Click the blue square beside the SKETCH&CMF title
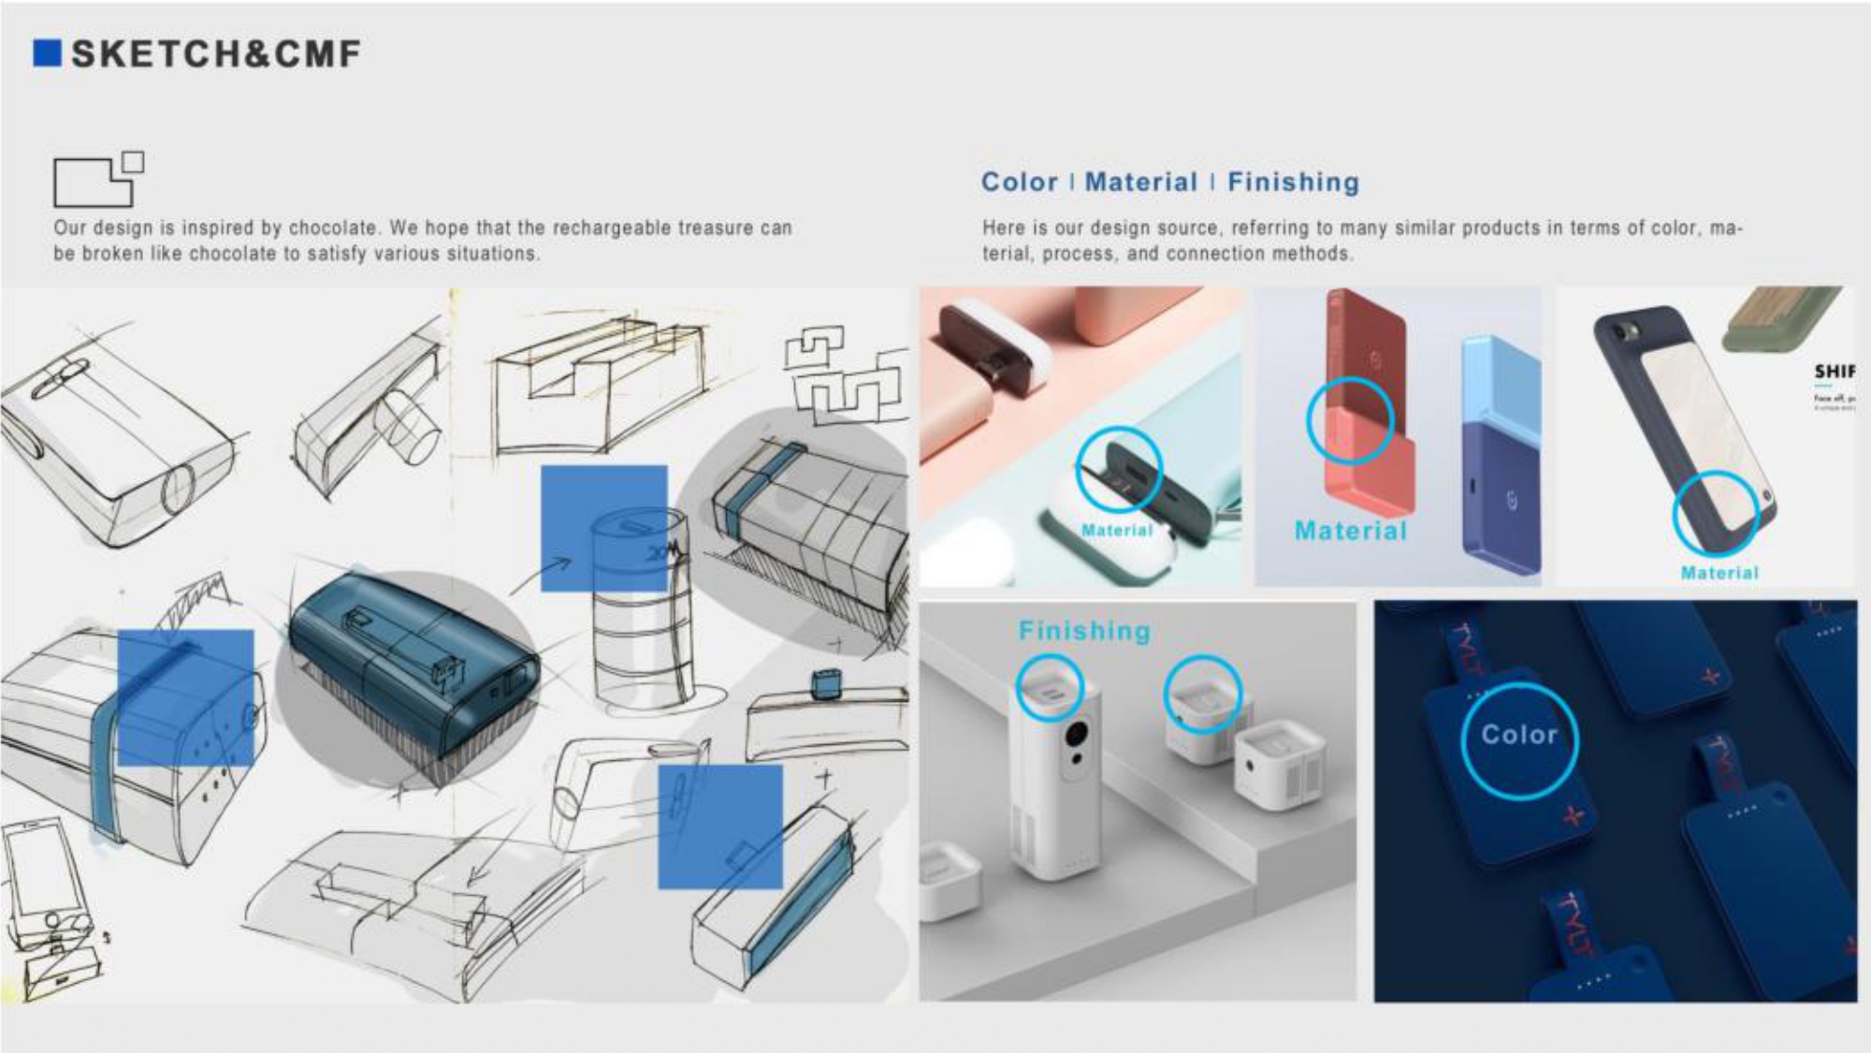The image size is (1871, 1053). [x=47, y=53]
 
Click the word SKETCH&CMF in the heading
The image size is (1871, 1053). [x=216, y=54]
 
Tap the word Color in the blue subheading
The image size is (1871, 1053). [x=1019, y=182]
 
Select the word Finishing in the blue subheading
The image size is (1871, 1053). [x=1293, y=182]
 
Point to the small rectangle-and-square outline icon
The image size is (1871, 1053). [x=98, y=179]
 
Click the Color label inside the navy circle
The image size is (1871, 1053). [x=1518, y=735]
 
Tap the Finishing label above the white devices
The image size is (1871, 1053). [x=1084, y=631]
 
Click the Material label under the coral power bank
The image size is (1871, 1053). [x=1350, y=531]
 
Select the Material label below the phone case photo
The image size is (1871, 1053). [x=1719, y=573]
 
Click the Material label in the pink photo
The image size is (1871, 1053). [x=1117, y=530]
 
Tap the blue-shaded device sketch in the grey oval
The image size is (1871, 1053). [x=412, y=655]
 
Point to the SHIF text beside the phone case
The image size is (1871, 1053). [x=1834, y=372]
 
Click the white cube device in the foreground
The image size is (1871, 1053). [x=1278, y=768]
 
